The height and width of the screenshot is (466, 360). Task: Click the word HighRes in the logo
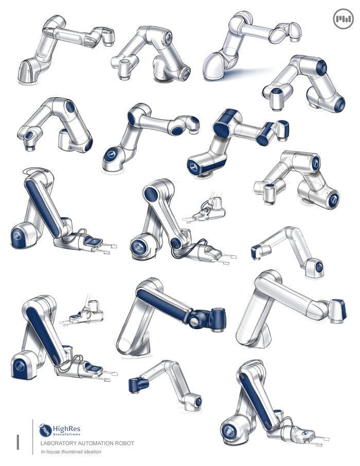coord(66,429)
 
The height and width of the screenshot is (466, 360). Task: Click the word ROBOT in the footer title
coord(125,443)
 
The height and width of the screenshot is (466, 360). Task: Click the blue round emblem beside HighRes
coord(45,430)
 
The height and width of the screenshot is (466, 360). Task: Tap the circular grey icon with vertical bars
coord(344,19)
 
